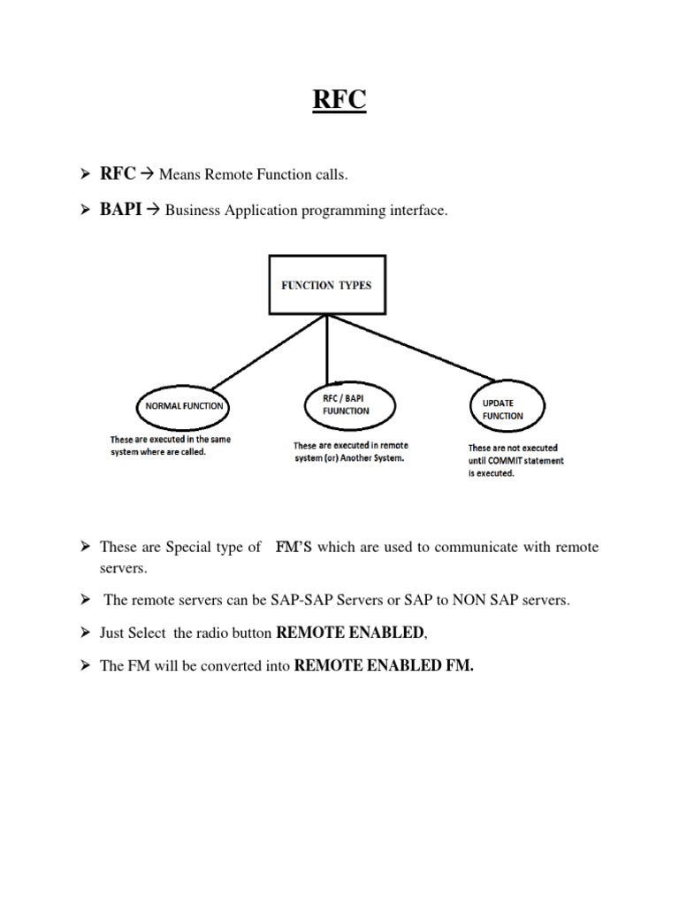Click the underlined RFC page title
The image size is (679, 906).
(339, 101)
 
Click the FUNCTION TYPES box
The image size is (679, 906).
(326, 286)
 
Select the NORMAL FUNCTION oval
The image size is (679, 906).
(180, 407)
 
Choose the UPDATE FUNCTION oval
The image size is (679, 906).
(502, 409)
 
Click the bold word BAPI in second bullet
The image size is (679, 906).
(121, 211)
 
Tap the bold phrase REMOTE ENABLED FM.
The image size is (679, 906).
(384, 666)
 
